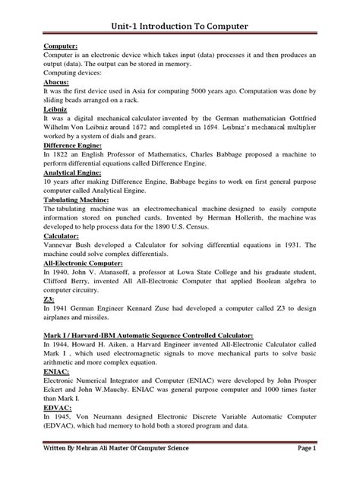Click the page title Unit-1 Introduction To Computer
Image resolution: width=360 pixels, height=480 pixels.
point(179,27)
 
